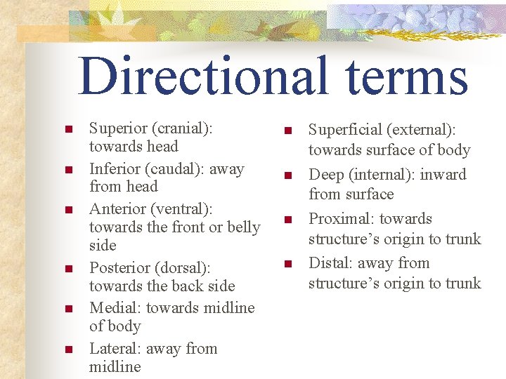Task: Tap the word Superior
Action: click(118, 128)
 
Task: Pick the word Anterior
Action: click(117, 209)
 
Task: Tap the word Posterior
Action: click(119, 268)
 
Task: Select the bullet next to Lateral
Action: click(68, 350)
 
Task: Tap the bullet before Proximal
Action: click(287, 220)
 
